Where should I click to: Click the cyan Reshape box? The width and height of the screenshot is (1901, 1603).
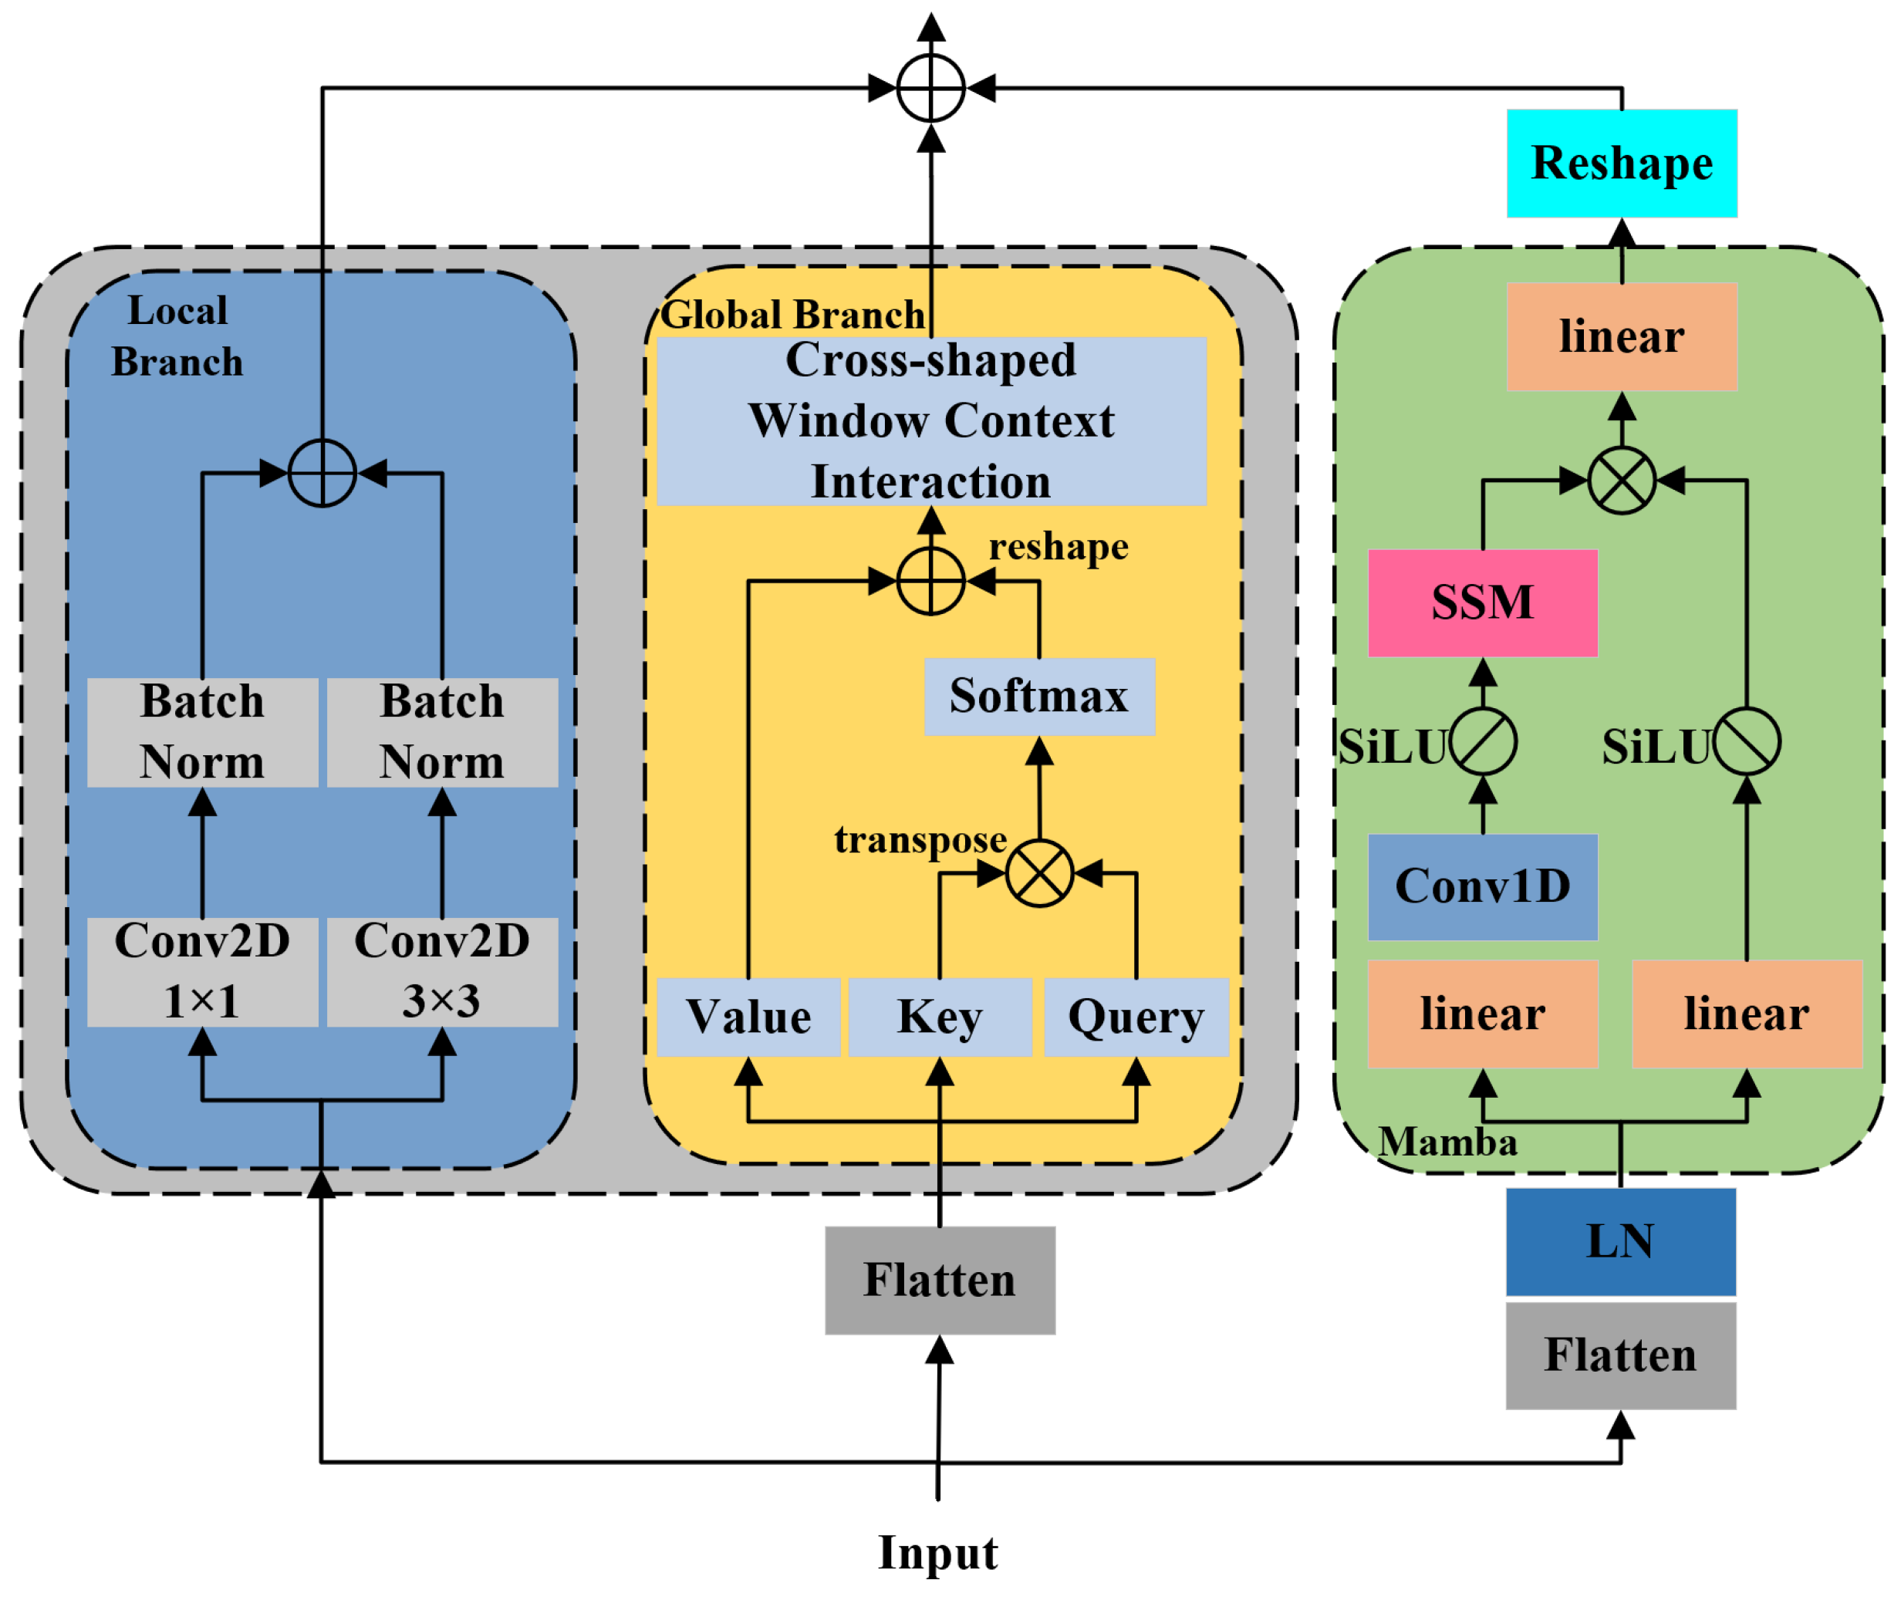point(1621,164)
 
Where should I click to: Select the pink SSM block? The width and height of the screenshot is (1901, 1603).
point(1482,602)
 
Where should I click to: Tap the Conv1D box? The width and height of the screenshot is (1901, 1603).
point(1482,887)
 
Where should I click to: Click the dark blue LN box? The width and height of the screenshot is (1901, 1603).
point(1620,1241)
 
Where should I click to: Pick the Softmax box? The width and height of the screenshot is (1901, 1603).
point(1038,696)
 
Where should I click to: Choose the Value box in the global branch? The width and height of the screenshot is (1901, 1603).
point(748,1017)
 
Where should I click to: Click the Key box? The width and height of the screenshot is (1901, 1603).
point(940,1017)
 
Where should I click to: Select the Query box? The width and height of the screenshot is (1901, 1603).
point(1136,1017)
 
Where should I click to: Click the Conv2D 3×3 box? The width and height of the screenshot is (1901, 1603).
point(443,971)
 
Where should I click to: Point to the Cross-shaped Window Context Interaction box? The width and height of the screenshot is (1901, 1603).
point(930,420)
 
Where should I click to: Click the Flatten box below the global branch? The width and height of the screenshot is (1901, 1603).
point(940,1281)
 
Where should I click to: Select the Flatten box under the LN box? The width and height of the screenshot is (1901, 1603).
point(1620,1356)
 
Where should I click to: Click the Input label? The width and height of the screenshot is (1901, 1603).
point(938,1553)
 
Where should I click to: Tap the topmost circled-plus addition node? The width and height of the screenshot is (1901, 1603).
point(930,88)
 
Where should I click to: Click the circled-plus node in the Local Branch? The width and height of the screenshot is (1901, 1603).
point(322,473)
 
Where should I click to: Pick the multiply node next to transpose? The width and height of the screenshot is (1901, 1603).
point(1039,873)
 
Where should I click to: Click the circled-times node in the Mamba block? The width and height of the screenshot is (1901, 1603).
point(1621,480)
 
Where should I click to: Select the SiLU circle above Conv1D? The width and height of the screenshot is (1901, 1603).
point(1483,742)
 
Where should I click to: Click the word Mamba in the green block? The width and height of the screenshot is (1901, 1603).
point(1447,1142)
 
